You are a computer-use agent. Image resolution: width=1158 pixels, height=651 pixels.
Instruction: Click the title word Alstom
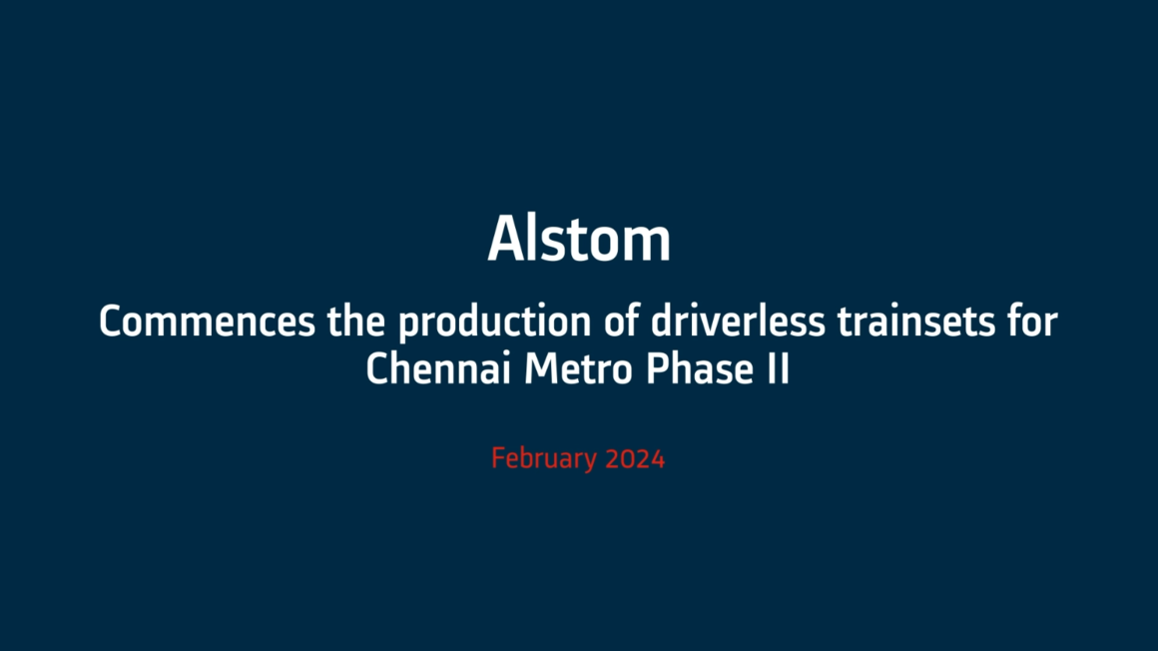click(579, 238)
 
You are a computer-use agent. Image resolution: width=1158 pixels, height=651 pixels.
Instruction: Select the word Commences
click(207, 323)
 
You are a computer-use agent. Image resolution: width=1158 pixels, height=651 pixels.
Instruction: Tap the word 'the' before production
click(356, 322)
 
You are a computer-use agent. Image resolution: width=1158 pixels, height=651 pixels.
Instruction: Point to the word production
click(494, 324)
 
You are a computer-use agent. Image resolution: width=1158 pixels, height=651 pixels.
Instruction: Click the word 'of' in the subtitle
click(621, 322)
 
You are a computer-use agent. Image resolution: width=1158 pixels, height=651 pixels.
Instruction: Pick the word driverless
click(738, 322)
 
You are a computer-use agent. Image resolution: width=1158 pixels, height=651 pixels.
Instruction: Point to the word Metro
click(578, 368)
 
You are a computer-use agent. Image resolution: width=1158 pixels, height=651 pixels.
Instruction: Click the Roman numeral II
click(779, 368)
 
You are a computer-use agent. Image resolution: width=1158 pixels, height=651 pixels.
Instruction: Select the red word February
click(544, 459)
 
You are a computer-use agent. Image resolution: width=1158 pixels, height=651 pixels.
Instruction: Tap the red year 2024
click(635, 459)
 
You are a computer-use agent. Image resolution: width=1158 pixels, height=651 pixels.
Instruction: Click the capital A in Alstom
click(505, 239)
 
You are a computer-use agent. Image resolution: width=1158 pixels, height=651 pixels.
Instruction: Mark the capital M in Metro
click(539, 368)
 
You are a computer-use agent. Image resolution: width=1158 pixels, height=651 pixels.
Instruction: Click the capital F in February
click(498, 459)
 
